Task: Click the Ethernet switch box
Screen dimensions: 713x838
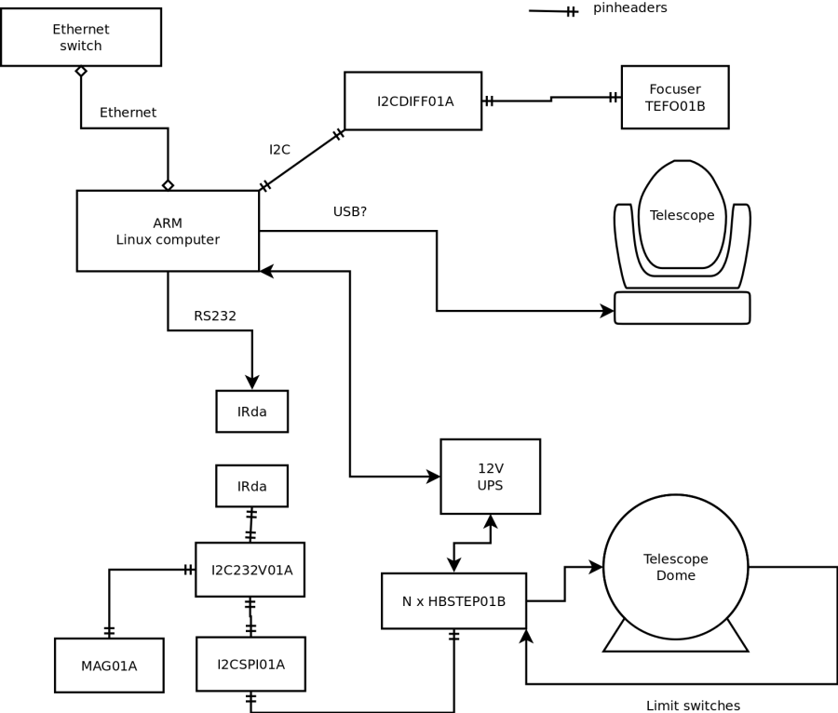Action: pos(81,37)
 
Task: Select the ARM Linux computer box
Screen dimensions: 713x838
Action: pos(168,231)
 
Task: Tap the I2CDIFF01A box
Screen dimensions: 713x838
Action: pos(412,101)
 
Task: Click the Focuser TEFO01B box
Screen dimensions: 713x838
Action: pos(675,97)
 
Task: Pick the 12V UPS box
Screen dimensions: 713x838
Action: pos(490,477)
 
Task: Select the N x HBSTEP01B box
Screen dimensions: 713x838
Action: pos(453,601)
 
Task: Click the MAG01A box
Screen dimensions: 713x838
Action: pos(109,666)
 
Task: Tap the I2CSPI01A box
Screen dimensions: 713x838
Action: pos(250,664)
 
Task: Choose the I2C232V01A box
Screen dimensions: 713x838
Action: pos(250,570)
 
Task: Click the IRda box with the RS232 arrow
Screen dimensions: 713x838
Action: pos(251,411)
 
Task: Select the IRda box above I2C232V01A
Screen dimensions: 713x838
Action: pos(251,486)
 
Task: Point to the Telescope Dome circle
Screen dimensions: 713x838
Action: pos(675,567)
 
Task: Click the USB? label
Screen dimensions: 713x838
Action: pos(350,212)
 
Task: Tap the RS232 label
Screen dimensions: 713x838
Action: pos(215,316)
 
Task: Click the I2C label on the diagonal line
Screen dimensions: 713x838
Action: pos(279,149)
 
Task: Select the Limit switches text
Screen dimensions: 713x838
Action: pos(693,706)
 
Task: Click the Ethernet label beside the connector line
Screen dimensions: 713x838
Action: pos(128,113)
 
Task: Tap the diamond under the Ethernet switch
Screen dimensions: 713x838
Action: pos(81,71)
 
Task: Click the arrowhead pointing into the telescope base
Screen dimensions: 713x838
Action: pos(608,311)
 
